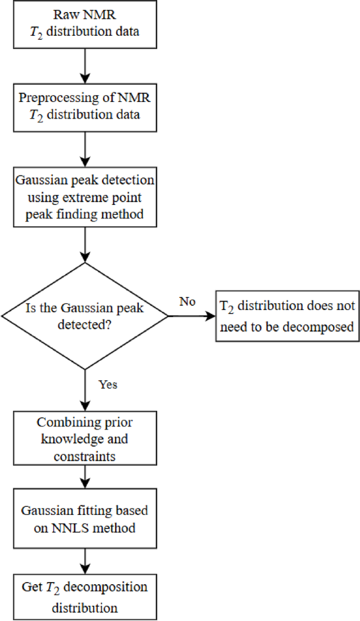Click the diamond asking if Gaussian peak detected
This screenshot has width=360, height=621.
click(x=85, y=316)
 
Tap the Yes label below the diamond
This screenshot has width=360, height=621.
click(x=108, y=385)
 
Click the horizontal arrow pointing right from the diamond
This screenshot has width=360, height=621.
click(x=191, y=316)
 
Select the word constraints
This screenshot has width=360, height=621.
click(x=85, y=457)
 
